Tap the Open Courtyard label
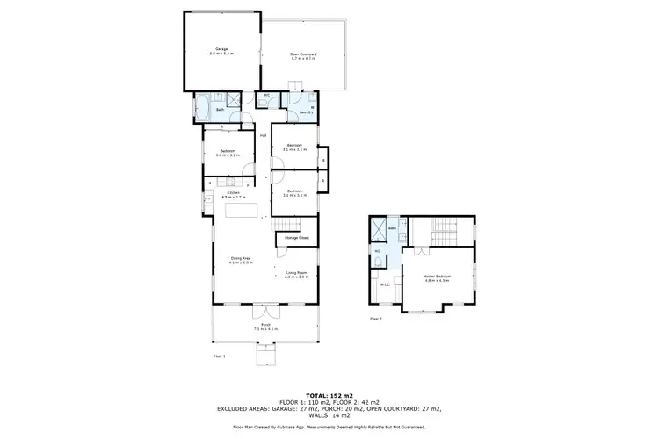(x=303, y=55)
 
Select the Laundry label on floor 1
(x=307, y=112)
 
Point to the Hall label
(x=263, y=135)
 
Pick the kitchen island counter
(x=245, y=211)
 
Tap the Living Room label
(x=296, y=275)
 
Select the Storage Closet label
(x=296, y=237)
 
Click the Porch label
(x=264, y=327)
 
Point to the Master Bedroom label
(x=437, y=279)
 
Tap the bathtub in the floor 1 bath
(x=200, y=111)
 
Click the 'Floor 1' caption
(x=220, y=356)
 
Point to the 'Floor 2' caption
(x=376, y=318)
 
